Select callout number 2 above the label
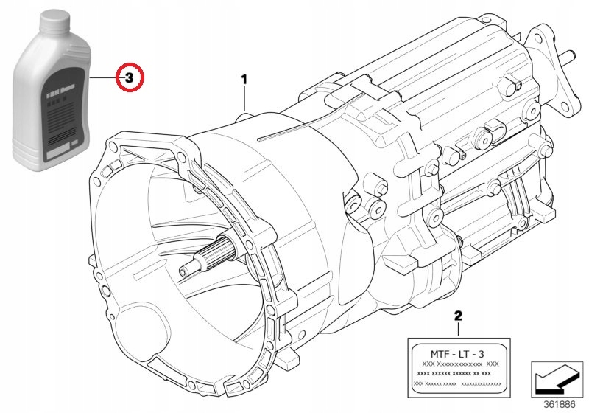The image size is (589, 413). click(458, 315)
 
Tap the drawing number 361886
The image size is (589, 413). click(562, 404)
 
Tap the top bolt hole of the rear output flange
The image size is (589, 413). click(546, 33)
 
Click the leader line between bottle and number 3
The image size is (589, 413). click(105, 77)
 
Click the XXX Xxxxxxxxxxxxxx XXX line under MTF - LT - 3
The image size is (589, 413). click(458, 364)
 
